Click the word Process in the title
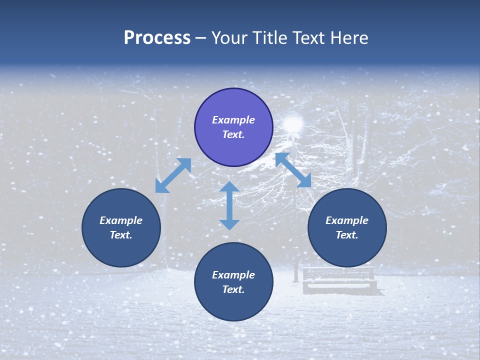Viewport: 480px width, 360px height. pos(157,38)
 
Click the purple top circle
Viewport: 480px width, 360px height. pos(233,127)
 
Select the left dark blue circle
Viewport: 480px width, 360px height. pos(121,228)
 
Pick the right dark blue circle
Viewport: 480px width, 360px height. pos(347,228)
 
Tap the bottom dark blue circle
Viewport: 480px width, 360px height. pos(233,282)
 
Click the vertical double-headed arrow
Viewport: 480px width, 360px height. pos(229,205)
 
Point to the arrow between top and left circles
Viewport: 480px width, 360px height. pos(173,175)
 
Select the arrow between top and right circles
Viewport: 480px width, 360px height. pos(293,170)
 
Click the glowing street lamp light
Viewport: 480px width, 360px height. pos(293,123)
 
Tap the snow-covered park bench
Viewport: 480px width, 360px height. pos(339,280)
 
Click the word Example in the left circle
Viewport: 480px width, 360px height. pos(121,220)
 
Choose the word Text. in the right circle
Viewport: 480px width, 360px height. pos(347,235)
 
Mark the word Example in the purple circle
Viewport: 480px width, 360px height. pos(233,120)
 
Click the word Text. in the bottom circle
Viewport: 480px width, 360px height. pos(233,289)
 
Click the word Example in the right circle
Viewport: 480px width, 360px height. pos(347,220)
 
